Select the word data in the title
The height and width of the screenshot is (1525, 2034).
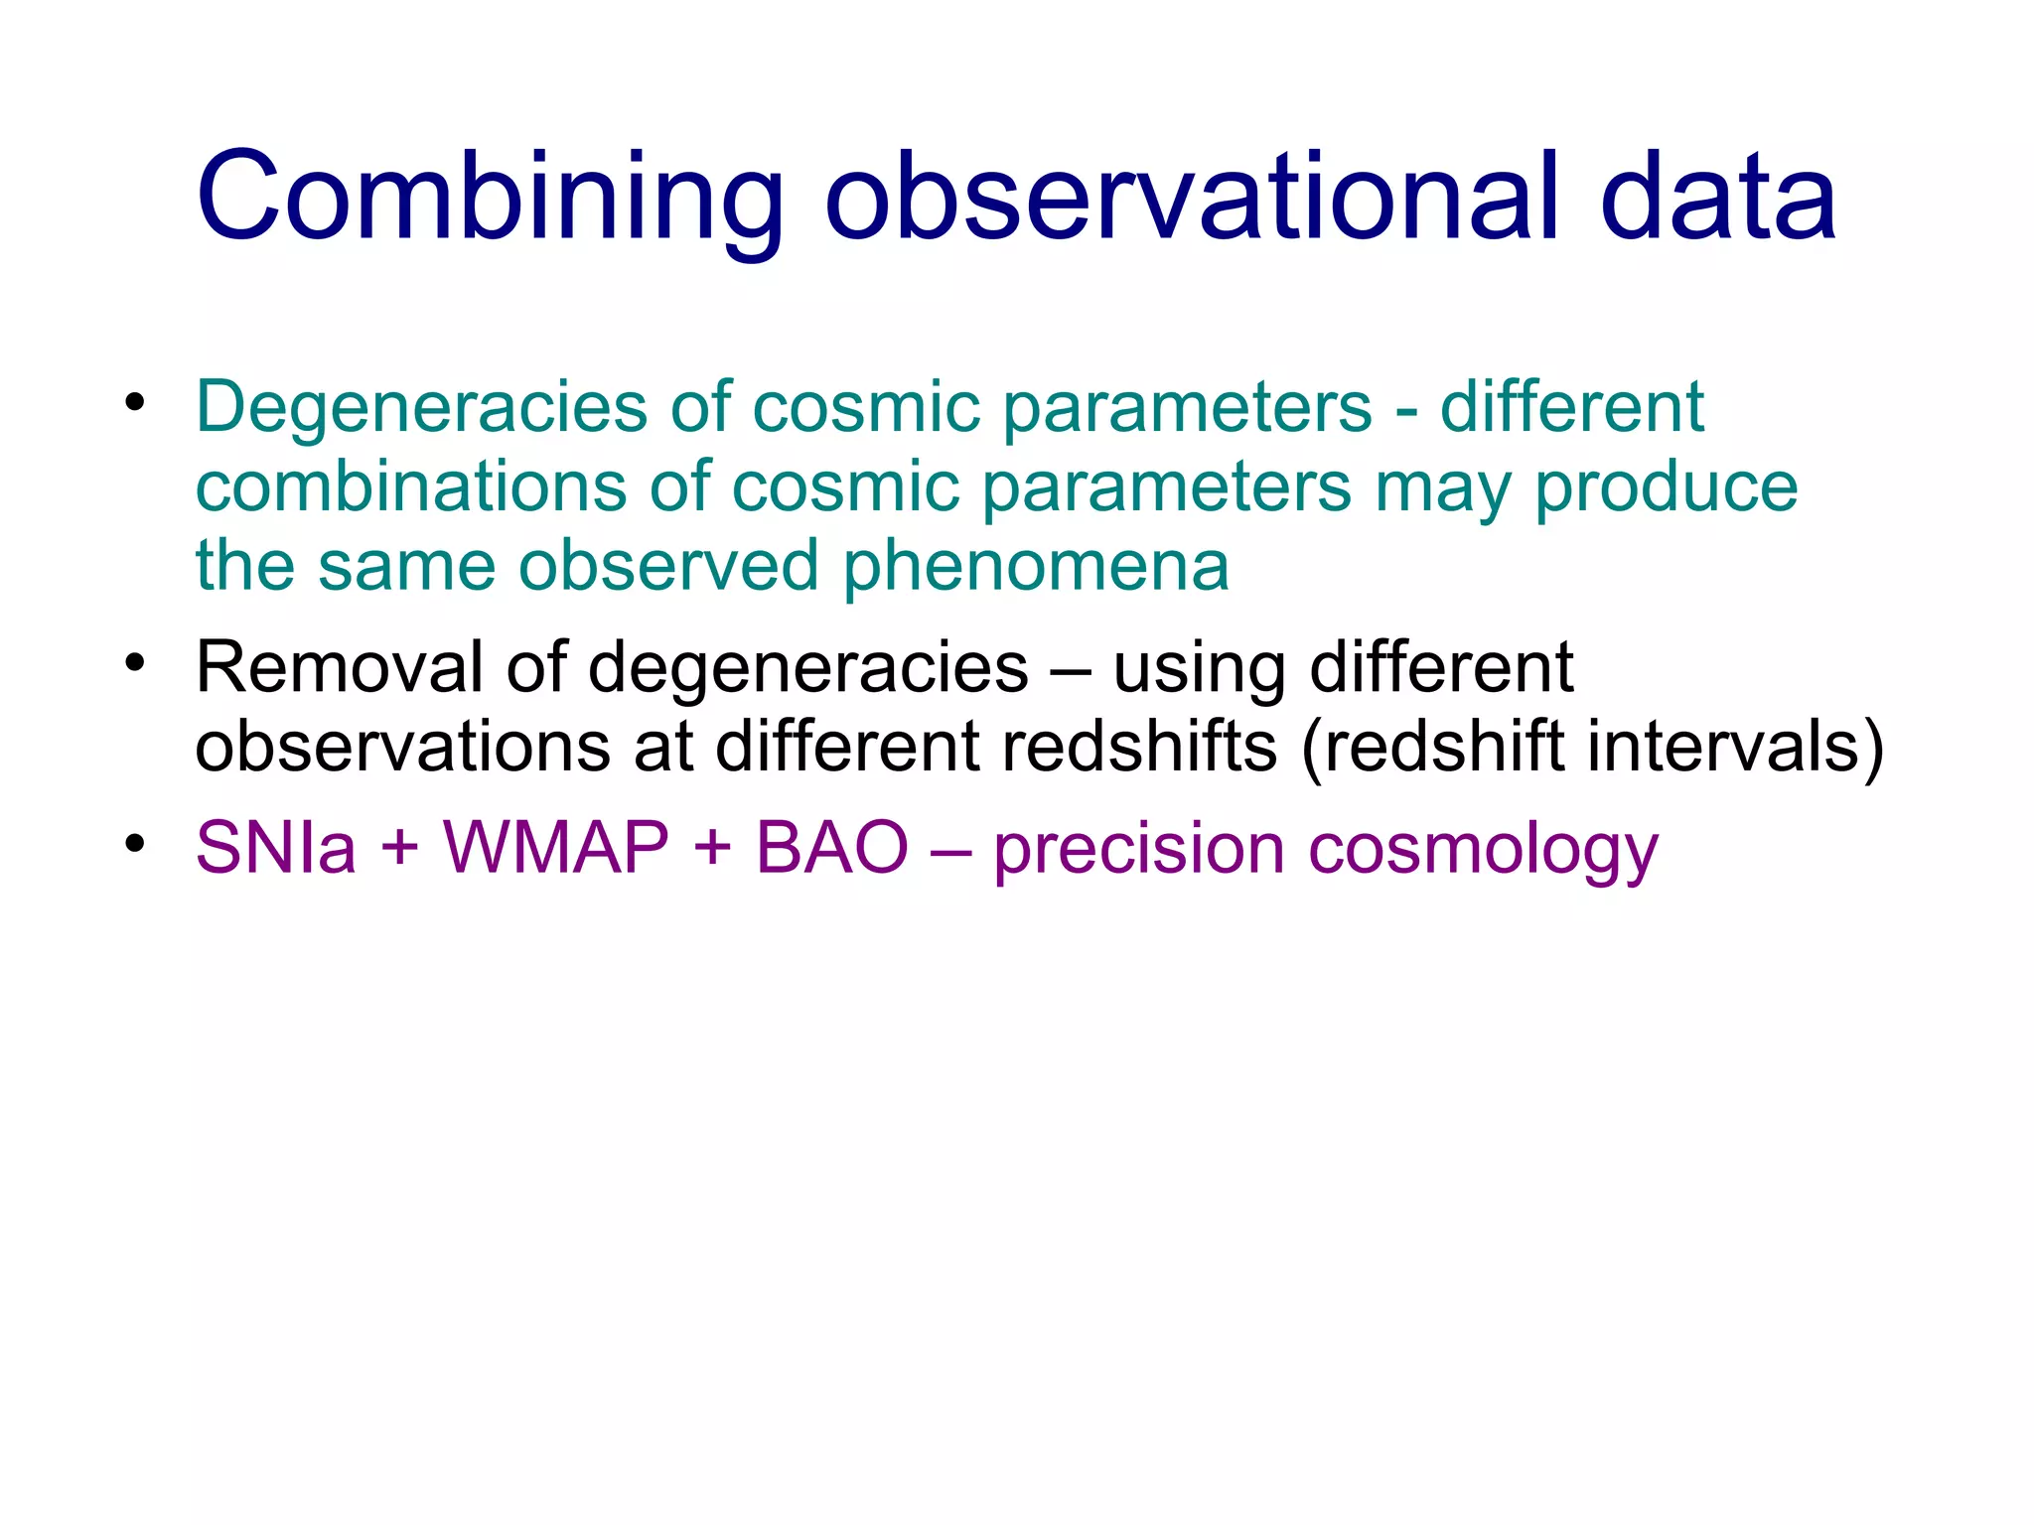1718,198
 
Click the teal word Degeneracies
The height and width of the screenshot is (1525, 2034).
422,408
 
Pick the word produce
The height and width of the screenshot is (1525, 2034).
1666,488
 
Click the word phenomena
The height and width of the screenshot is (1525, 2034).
1036,567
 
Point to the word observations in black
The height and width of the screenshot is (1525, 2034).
402,747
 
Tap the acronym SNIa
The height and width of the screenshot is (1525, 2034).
276,849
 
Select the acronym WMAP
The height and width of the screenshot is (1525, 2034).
556,849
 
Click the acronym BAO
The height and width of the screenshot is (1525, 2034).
831,849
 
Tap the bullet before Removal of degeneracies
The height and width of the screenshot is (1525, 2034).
136,662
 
